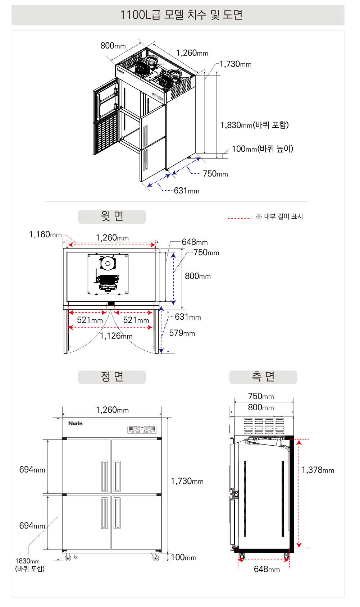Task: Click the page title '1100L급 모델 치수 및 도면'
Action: click(x=181, y=15)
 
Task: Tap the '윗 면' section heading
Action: click(x=112, y=216)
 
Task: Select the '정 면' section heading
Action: click(x=112, y=377)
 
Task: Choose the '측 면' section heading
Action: click(x=263, y=377)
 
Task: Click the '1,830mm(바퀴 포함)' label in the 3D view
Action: click(x=255, y=125)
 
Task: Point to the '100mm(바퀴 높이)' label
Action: click(x=263, y=149)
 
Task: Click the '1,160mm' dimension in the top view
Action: click(x=45, y=234)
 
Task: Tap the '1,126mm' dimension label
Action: click(x=116, y=336)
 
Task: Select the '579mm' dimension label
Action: click(x=182, y=333)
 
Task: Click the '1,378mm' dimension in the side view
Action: click(x=318, y=470)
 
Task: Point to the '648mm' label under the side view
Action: click(x=267, y=569)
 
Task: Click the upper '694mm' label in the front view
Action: click(x=32, y=470)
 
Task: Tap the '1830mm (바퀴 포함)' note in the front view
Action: click(x=29, y=565)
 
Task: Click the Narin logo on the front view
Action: click(x=76, y=424)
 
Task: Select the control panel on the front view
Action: click(x=142, y=429)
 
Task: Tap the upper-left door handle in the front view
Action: click(x=104, y=476)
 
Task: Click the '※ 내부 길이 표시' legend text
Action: click(x=279, y=216)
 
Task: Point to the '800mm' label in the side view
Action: click(x=261, y=407)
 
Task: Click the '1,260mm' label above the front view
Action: click(x=112, y=410)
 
